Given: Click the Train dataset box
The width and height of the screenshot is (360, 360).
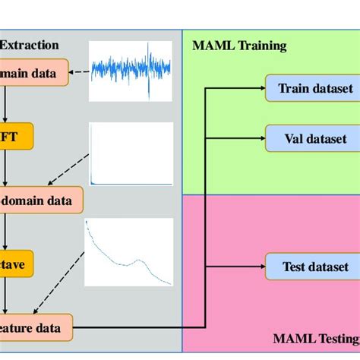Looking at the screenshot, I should pyautogui.click(x=311, y=89).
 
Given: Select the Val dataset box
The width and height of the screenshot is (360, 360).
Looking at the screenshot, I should pyautogui.click(x=311, y=139).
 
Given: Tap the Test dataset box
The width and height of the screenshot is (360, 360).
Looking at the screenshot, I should pyautogui.click(x=311, y=267).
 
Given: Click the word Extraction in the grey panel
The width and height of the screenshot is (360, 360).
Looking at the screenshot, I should pyautogui.click(x=29, y=45).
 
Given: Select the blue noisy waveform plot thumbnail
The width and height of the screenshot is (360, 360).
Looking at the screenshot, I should pyautogui.click(x=131, y=71).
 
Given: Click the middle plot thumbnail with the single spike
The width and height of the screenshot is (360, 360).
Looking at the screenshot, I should pyautogui.click(x=131, y=154).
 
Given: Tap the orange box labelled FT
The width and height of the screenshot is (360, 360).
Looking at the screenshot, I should pyautogui.click(x=19, y=137).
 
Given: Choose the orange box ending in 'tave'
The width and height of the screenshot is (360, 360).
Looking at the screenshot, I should pyautogui.click(x=19, y=265).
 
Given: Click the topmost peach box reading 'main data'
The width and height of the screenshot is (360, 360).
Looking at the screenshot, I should pyautogui.click(x=33, y=74).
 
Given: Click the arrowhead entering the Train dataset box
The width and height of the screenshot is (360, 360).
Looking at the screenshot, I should pyautogui.click(x=261, y=89).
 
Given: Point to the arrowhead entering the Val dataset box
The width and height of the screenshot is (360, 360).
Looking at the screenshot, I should pyautogui.click(x=261, y=139).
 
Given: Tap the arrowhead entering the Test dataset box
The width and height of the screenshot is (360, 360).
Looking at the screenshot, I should pyautogui.click(x=261, y=267).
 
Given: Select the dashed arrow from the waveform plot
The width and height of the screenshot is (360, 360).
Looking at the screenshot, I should pyautogui.click(x=79, y=74).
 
